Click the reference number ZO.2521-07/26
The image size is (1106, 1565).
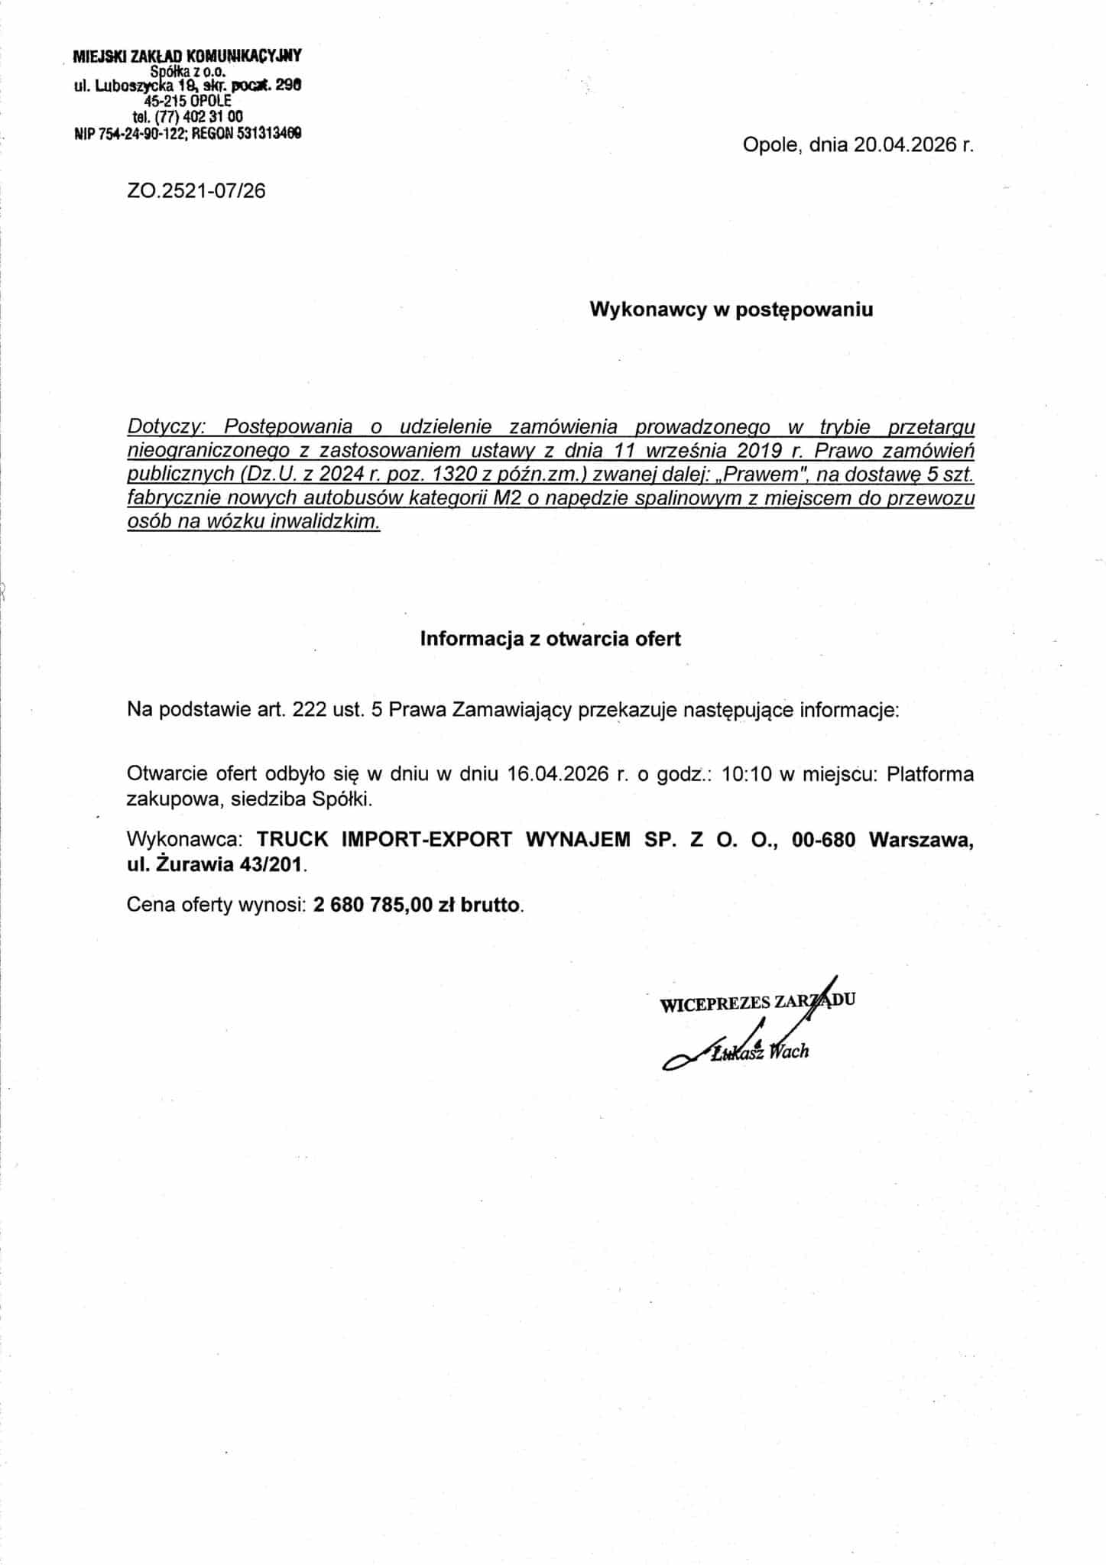point(196,190)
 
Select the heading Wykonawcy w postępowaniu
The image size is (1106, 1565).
point(731,309)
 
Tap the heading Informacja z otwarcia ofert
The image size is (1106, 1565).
point(550,639)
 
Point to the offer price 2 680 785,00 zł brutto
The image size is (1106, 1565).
point(417,905)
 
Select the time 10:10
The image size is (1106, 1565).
point(745,774)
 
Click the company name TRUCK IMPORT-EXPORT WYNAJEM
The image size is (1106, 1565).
point(444,839)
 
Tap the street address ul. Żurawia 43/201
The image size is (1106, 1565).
point(216,865)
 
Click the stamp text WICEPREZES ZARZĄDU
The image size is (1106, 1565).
point(757,1003)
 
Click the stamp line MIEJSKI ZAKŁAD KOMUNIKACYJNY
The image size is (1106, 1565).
point(187,56)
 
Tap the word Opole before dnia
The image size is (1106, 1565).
point(770,145)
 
